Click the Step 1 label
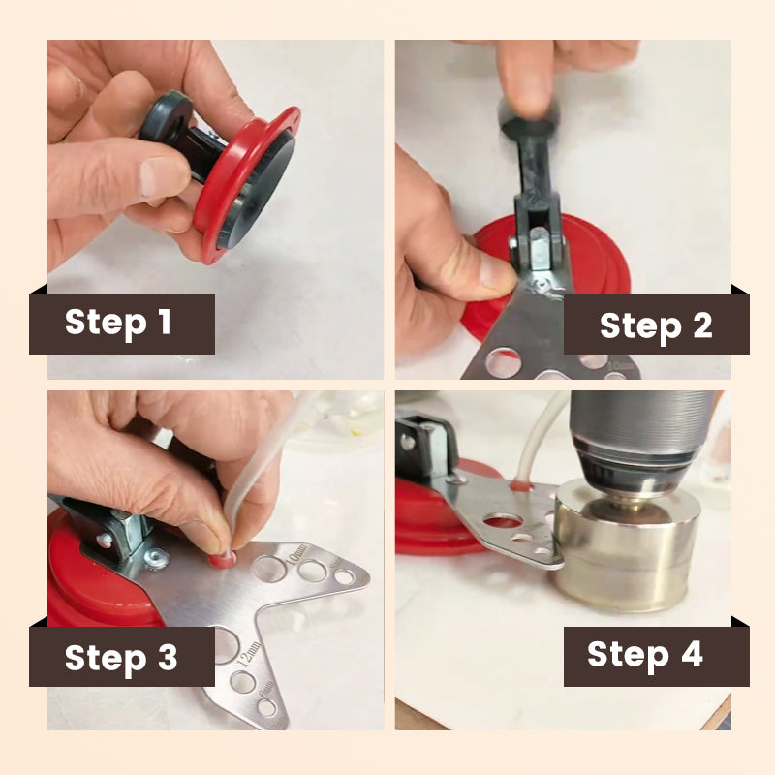(x=117, y=322)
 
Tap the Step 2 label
(x=656, y=325)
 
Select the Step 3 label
(x=121, y=658)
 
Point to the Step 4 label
(x=645, y=654)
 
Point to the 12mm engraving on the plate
(x=249, y=655)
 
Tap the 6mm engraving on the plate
(x=266, y=688)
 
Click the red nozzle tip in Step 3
(x=222, y=561)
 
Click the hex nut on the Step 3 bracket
(x=158, y=561)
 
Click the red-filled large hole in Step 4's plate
(x=503, y=521)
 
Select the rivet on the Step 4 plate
(x=455, y=479)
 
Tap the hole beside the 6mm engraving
(x=267, y=708)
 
